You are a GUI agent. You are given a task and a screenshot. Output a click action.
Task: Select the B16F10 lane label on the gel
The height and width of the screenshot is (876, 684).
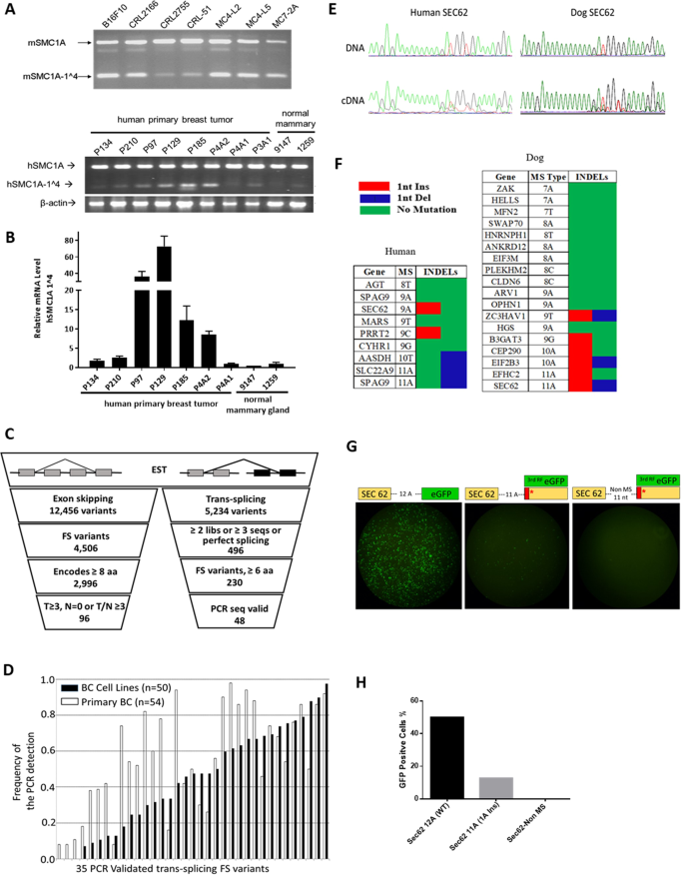107,17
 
